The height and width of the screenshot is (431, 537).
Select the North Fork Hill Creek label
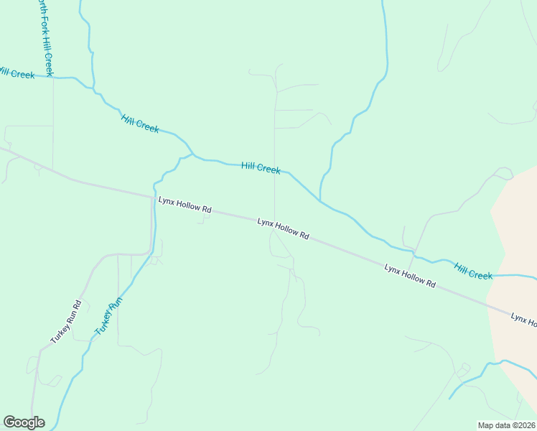[45, 37]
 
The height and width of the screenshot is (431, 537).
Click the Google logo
[24, 422]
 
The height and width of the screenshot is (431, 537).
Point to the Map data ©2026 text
[507, 425]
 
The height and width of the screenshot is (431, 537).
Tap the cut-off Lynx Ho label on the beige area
[523, 318]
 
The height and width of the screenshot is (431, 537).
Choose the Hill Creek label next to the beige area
[473, 272]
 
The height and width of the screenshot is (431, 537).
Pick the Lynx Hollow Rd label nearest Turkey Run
[185, 205]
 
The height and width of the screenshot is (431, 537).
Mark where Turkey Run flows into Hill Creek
[192, 154]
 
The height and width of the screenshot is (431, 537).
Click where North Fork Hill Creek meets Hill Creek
[53, 77]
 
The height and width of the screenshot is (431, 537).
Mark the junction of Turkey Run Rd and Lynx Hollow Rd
[152, 195]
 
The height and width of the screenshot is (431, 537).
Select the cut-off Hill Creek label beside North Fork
[16, 73]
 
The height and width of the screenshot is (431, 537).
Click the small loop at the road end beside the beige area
[503, 173]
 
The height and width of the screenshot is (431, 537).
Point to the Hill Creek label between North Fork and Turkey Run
[140, 124]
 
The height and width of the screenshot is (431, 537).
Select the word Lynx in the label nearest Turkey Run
[167, 200]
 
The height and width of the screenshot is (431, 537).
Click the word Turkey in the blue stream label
[101, 325]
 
